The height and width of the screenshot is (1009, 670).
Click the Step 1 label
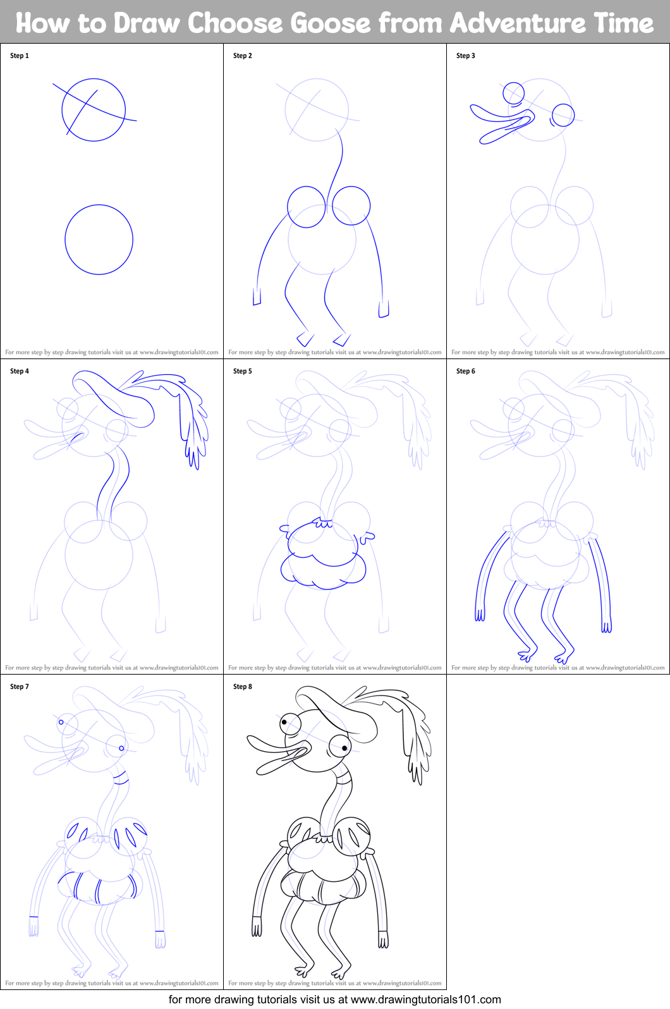coord(20,56)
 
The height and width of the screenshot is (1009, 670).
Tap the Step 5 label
coord(243,371)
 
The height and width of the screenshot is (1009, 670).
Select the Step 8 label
coord(243,687)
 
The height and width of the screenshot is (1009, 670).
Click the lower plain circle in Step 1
coord(99,240)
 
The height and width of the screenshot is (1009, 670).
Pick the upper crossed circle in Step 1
coord(94,109)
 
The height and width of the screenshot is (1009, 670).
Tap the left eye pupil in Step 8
coord(285,722)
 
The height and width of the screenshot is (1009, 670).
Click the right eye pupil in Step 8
coord(344,749)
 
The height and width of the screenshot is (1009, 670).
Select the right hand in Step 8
coord(384,941)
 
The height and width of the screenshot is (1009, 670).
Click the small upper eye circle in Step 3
coord(513,93)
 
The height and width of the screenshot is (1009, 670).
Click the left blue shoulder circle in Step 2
coord(307,206)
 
